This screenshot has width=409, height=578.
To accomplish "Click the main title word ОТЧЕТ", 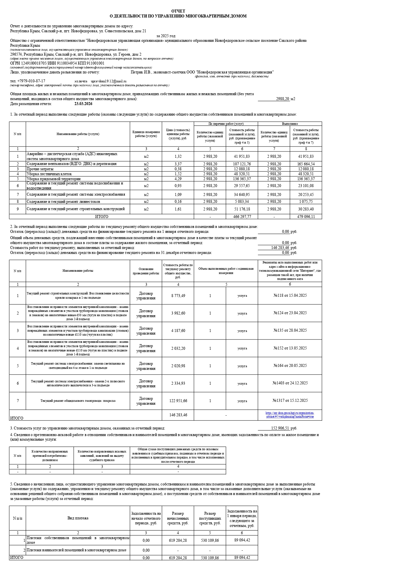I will coord(178,11).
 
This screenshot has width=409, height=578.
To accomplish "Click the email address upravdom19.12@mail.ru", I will coord(108,81).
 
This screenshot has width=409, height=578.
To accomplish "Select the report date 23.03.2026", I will coord(83,104).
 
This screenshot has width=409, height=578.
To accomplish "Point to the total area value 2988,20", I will coord(282,99).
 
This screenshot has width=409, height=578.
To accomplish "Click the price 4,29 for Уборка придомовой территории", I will coord(178,179).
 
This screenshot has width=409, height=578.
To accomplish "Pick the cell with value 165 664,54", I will coord(306,164).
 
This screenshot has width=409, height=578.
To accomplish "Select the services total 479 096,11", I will coord(306,217).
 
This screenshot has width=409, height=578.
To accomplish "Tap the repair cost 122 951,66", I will coord(178,401).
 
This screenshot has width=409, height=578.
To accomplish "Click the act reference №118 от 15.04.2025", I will coord(290,295).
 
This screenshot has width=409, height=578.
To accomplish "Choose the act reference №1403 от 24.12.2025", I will coord(290,383).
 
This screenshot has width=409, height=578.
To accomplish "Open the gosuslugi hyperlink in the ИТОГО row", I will coord(290,415).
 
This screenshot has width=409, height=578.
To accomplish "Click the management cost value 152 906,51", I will coord(280,428).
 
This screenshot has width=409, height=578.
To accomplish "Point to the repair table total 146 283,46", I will coord(178,415).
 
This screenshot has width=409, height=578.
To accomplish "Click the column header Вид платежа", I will coord(78,518).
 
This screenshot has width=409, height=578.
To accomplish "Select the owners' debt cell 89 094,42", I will coord(242,540).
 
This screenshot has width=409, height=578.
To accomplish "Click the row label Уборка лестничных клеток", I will coord(49,174).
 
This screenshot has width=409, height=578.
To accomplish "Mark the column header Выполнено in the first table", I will coord(290,124).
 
